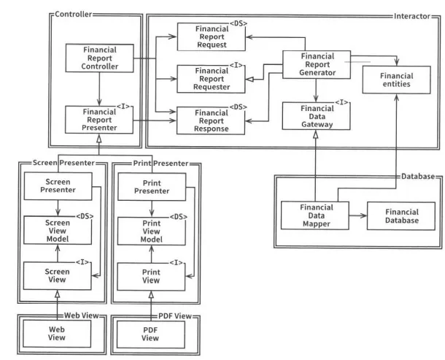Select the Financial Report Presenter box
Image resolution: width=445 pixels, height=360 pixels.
pyautogui.click(x=99, y=119)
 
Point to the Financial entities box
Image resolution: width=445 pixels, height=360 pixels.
pyautogui.click(x=396, y=80)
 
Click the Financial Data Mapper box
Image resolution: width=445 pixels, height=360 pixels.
pyautogui.click(x=316, y=215)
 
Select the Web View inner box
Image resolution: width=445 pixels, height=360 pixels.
pyautogui.click(x=57, y=333)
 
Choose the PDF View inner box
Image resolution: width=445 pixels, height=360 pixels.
pyautogui.click(x=151, y=333)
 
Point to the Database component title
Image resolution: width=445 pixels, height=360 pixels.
pyautogui.click(x=418, y=177)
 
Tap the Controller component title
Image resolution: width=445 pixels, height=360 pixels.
pyautogui.click(x=74, y=14)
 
